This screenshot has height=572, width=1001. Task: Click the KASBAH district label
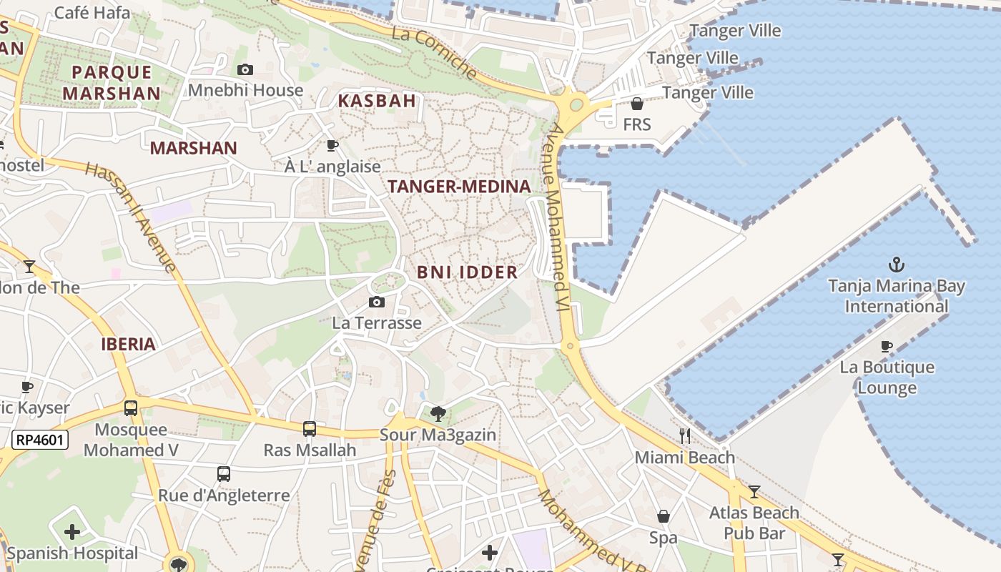[377, 100]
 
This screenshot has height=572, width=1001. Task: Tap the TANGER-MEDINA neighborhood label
[459, 187]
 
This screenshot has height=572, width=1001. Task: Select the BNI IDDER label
[468, 272]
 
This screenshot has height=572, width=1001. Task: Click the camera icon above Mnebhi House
[245, 69]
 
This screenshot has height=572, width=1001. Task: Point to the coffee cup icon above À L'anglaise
[332, 145]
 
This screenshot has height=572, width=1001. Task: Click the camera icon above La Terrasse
[377, 302]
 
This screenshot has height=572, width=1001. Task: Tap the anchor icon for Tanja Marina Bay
[896, 265]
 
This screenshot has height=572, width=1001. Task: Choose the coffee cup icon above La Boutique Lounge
[887, 346]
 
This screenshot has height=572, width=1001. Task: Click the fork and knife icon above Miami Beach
[685, 435]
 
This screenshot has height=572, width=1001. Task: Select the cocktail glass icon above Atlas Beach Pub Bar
[754, 491]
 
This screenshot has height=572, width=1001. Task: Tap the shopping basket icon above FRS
[637, 104]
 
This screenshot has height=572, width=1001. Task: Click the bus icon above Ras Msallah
[309, 428]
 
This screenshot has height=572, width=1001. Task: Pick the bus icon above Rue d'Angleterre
[224, 473]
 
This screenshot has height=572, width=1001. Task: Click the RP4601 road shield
[39, 440]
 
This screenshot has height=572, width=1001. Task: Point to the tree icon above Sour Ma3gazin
[438, 413]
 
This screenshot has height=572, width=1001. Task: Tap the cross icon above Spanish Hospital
[72, 532]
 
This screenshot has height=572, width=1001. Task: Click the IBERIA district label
[128, 344]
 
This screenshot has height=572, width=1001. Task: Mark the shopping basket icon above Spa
[664, 516]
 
